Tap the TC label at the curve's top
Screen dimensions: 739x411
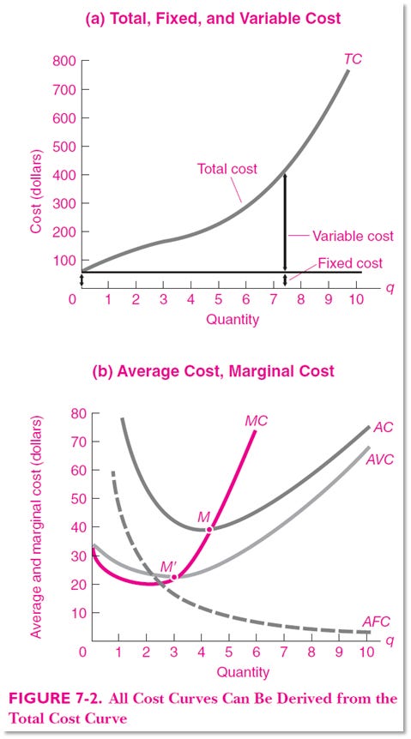pyautogui.click(x=352, y=59)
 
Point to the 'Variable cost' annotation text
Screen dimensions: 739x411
pyautogui.click(x=353, y=236)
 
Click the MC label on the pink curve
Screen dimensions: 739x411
pyautogui.click(x=257, y=421)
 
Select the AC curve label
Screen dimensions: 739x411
pyautogui.click(x=383, y=428)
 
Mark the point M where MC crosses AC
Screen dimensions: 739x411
pyautogui.click(x=209, y=529)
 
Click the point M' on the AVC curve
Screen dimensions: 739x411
pyautogui.click(x=174, y=577)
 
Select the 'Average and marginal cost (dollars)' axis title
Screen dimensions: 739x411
pyautogui.click(x=36, y=532)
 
